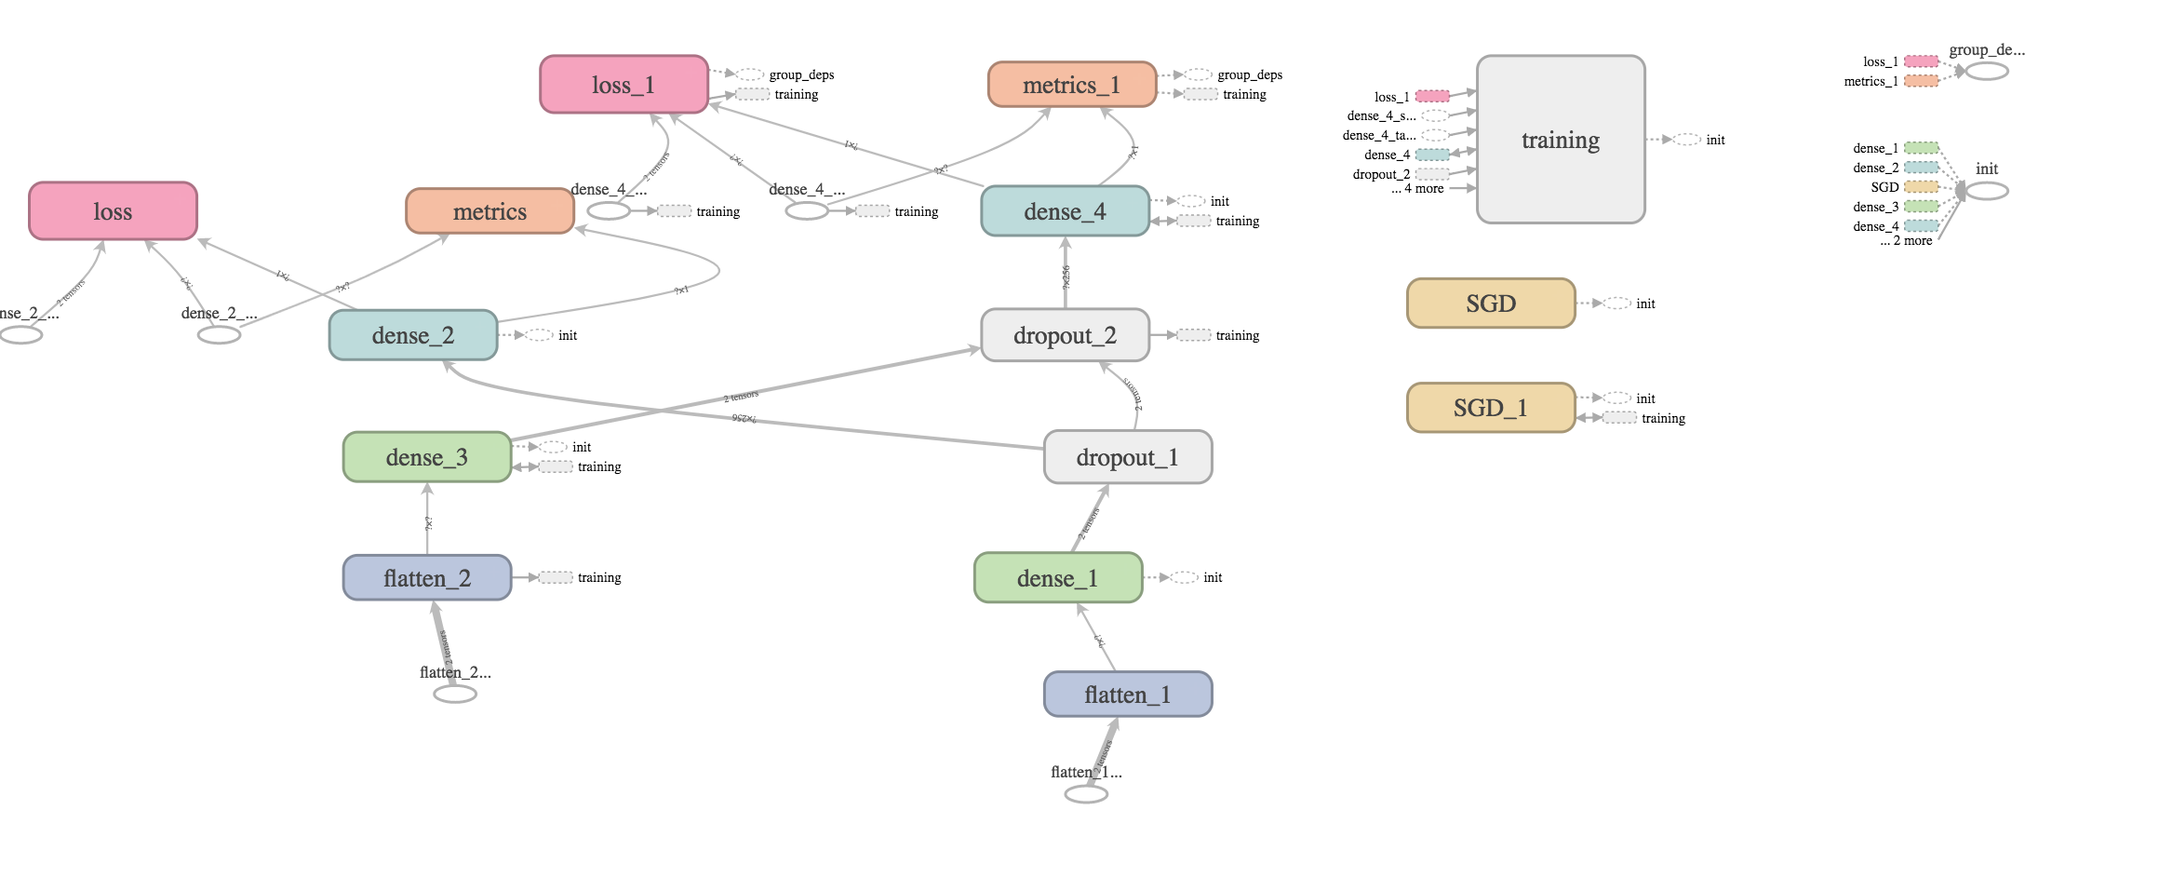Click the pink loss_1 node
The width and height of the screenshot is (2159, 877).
coord(624,85)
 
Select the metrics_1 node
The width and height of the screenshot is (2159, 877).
coord(1071,85)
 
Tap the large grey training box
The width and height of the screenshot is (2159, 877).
coord(1561,140)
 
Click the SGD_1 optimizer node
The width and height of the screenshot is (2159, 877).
coord(1490,408)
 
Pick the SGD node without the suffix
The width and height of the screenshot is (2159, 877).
coord(1490,304)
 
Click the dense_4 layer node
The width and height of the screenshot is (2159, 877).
coord(1065,211)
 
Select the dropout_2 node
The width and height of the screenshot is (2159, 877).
coord(1065,335)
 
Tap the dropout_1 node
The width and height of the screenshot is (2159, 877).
coord(1127,457)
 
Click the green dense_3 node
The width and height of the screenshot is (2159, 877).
coord(426,457)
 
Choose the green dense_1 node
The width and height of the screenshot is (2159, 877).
coord(1057,578)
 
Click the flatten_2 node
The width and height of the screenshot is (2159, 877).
coord(426,578)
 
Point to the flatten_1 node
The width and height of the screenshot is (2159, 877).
coord(1127,695)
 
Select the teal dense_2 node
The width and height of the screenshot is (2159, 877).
coord(412,335)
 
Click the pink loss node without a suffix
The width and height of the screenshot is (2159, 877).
coord(113,211)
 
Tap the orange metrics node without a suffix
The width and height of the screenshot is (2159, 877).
coord(489,211)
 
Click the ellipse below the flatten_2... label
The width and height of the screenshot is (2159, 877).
coord(455,694)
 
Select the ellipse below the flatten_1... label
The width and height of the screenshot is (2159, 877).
coord(1086,794)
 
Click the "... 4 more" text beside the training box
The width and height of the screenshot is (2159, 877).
coord(1418,189)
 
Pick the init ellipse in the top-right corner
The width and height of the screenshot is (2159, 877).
coord(1987,191)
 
